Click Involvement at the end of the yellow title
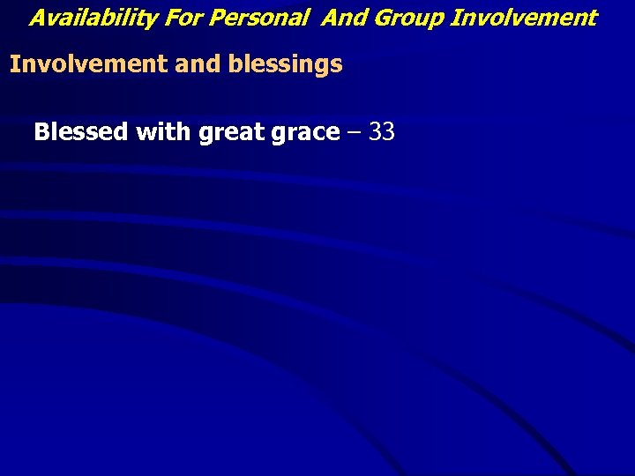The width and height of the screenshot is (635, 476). point(524,17)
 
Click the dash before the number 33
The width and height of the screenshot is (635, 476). point(355,133)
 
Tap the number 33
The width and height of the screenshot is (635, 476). point(381,132)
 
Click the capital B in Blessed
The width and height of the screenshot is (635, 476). point(41,132)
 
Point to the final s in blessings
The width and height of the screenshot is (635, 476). point(336,65)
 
